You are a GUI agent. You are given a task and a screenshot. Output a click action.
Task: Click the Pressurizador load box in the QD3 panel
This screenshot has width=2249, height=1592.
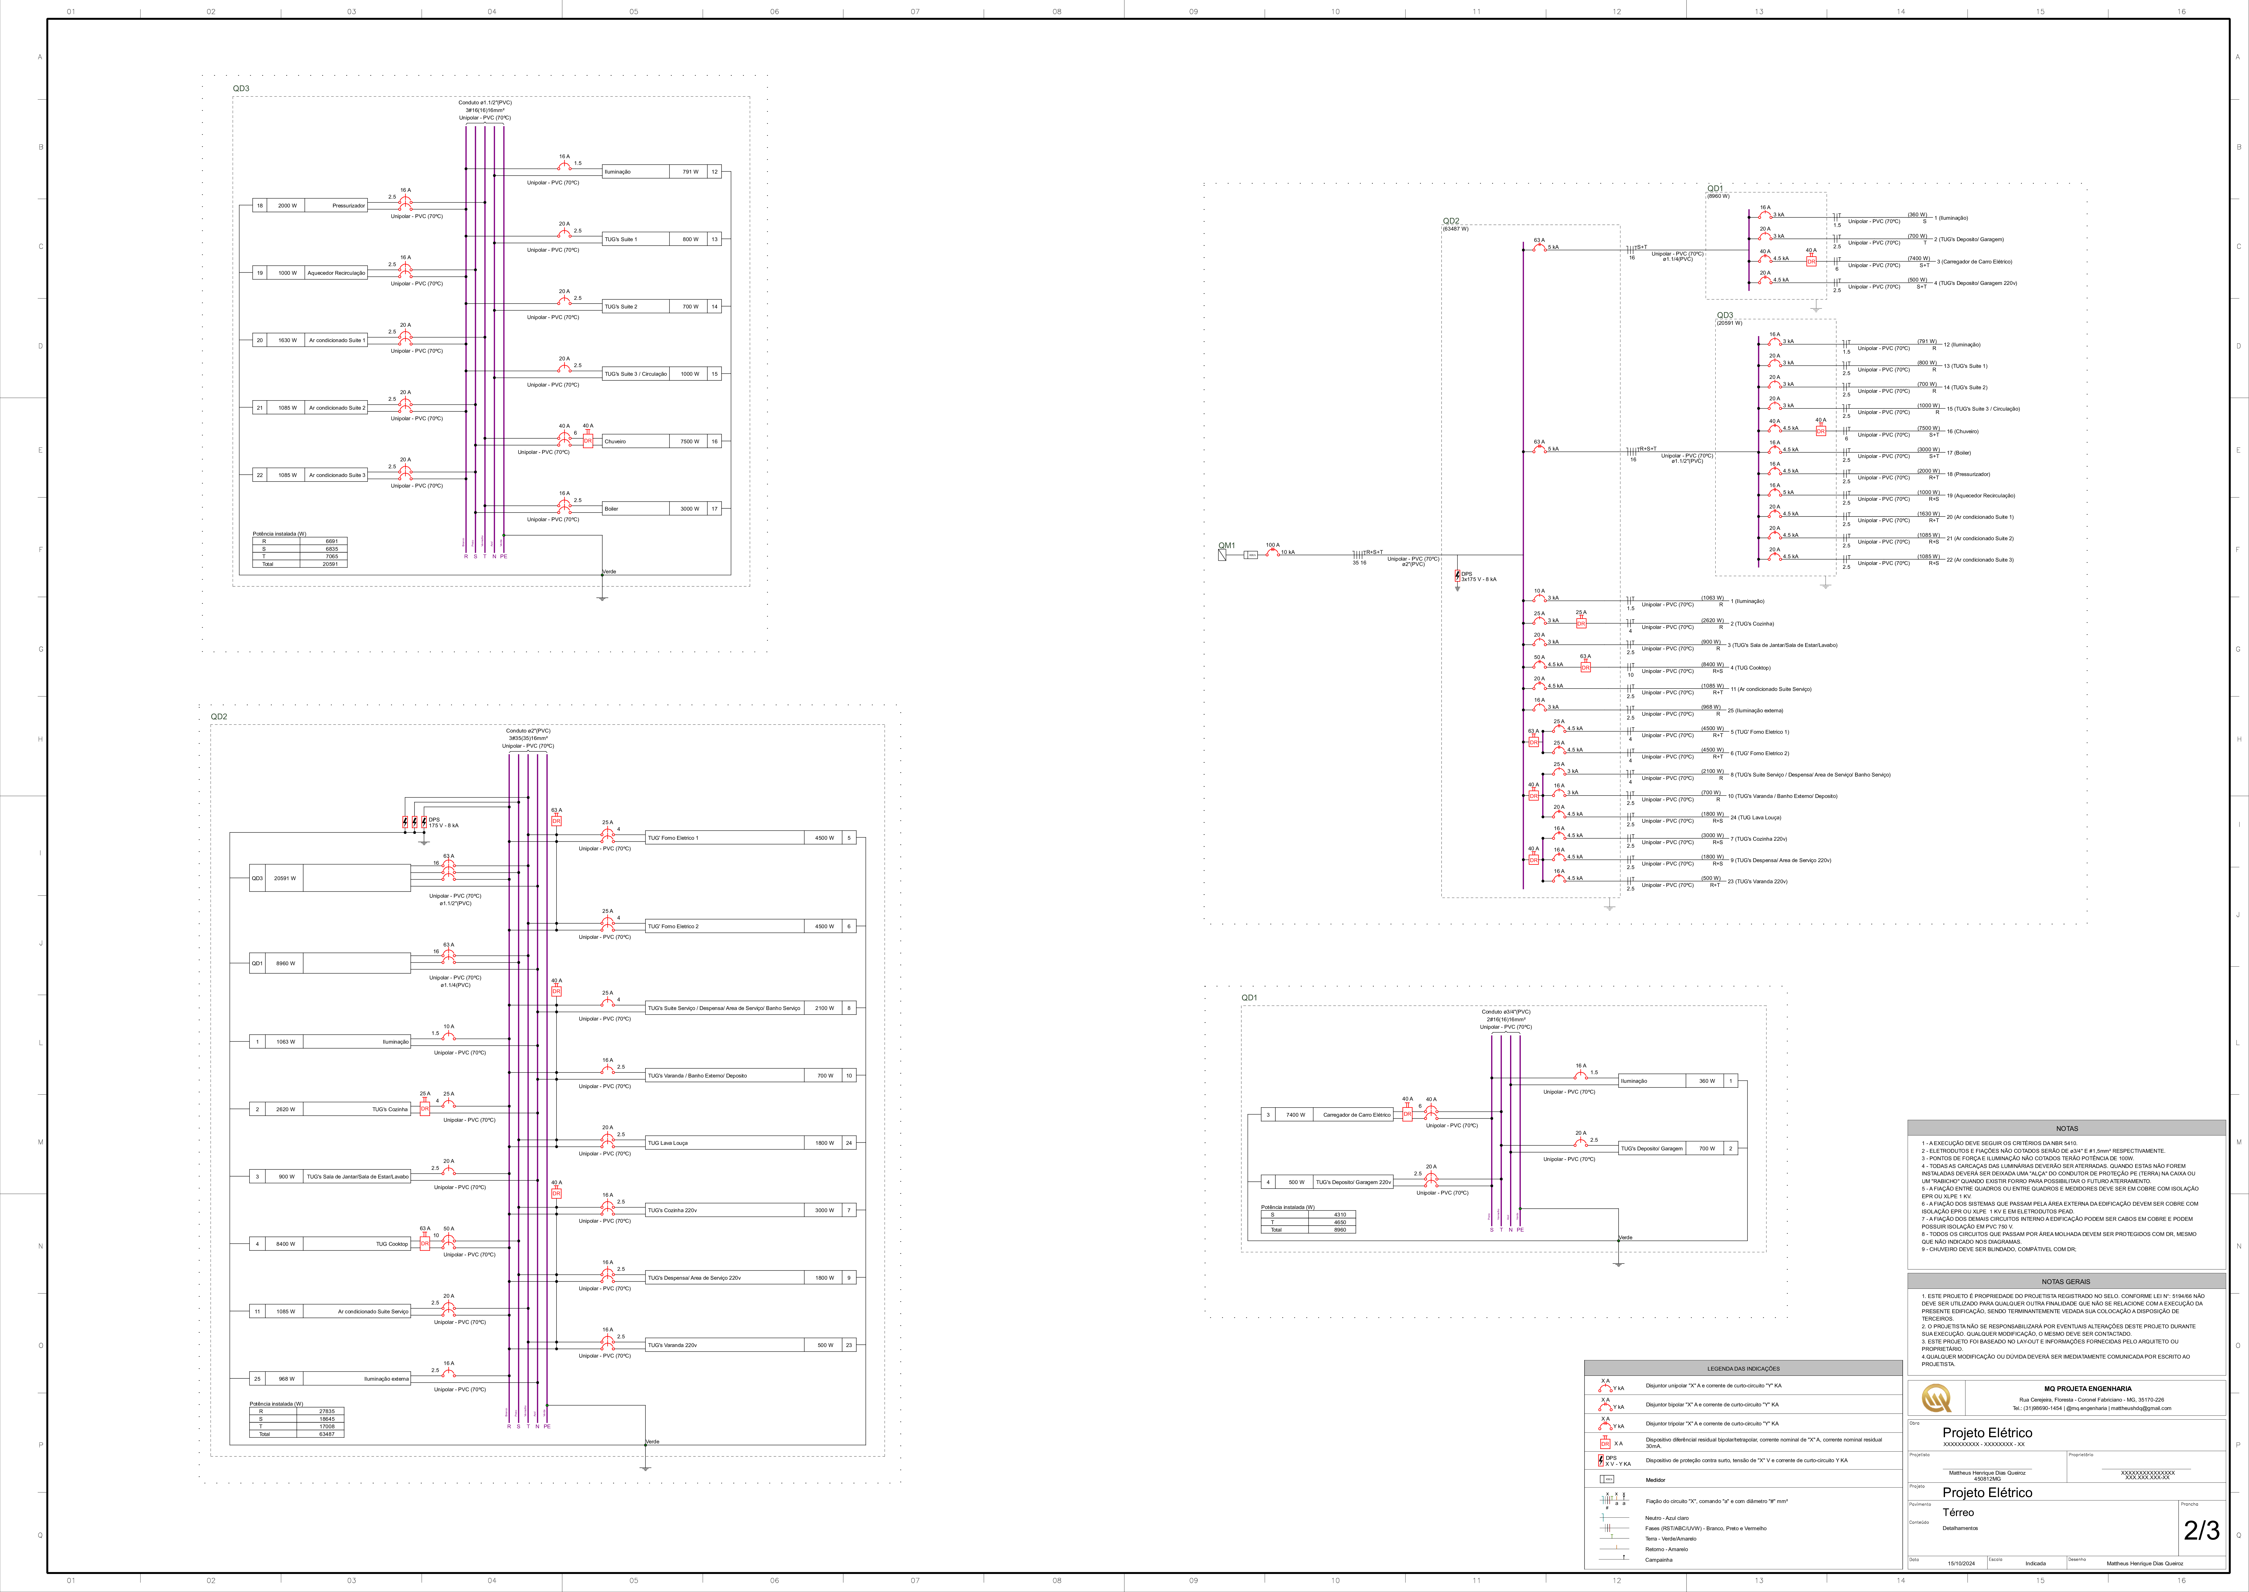[x=335, y=206]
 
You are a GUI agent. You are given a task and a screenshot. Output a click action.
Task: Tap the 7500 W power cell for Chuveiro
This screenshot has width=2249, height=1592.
[x=689, y=441]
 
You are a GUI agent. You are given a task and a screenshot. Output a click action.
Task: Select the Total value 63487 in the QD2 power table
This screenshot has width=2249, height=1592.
[x=326, y=1434]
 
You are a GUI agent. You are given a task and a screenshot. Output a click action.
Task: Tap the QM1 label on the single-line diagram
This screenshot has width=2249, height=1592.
[x=1226, y=545]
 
